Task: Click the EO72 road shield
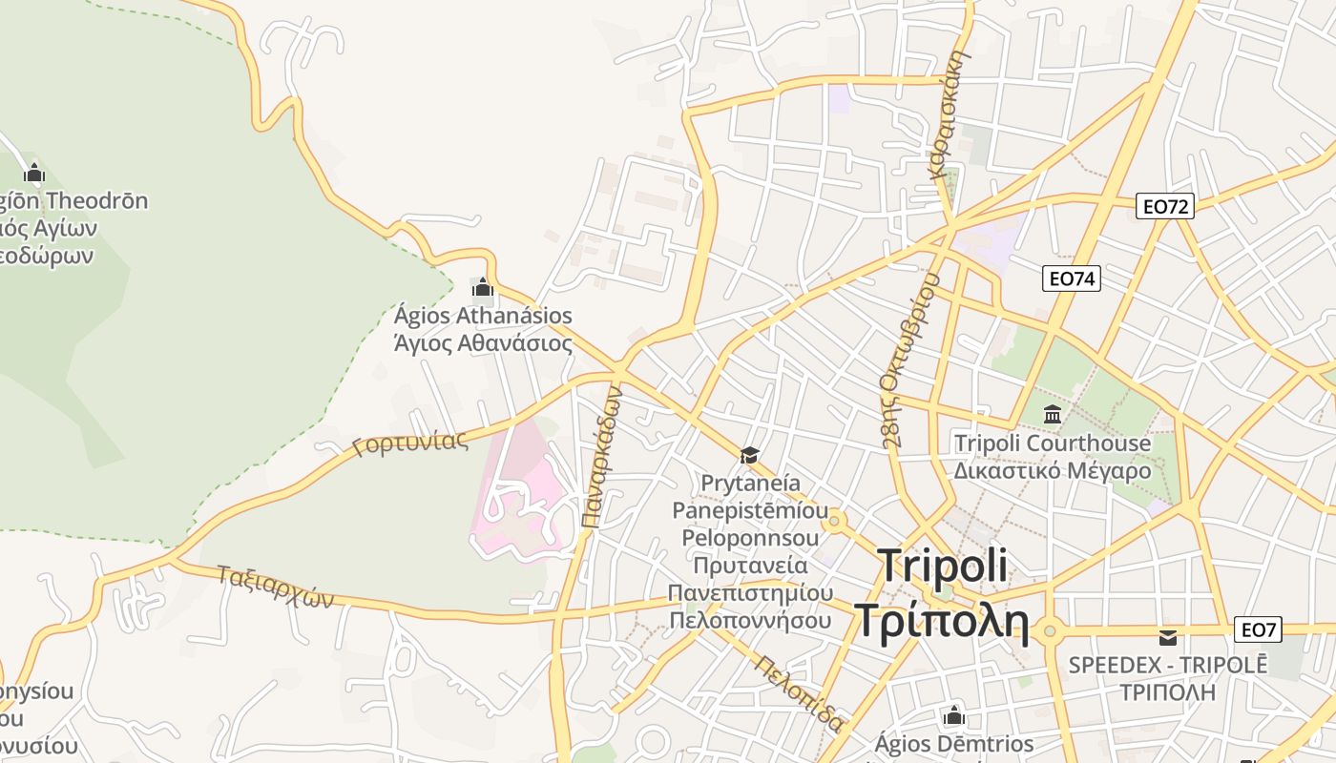(x=1165, y=205)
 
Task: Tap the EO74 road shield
(x=1072, y=278)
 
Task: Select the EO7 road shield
(x=1258, y=629)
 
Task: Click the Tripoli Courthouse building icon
(x=1053, y=414)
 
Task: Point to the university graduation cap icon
(x=749, y=455)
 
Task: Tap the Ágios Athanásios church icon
(x=483, y=287)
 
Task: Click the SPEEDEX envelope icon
(x=1167, y=636)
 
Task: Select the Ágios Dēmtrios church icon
(x=953, y=715)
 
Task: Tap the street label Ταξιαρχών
(x=275, y=586)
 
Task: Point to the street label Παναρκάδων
(x=601, y=457)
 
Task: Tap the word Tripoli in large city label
(x=942, y=565)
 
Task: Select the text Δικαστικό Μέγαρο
(x=1053, y=470)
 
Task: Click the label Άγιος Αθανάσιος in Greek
(x=483, y=343)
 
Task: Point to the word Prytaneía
(x=751, y=483)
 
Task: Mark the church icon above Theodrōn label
(x=35, y=173)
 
